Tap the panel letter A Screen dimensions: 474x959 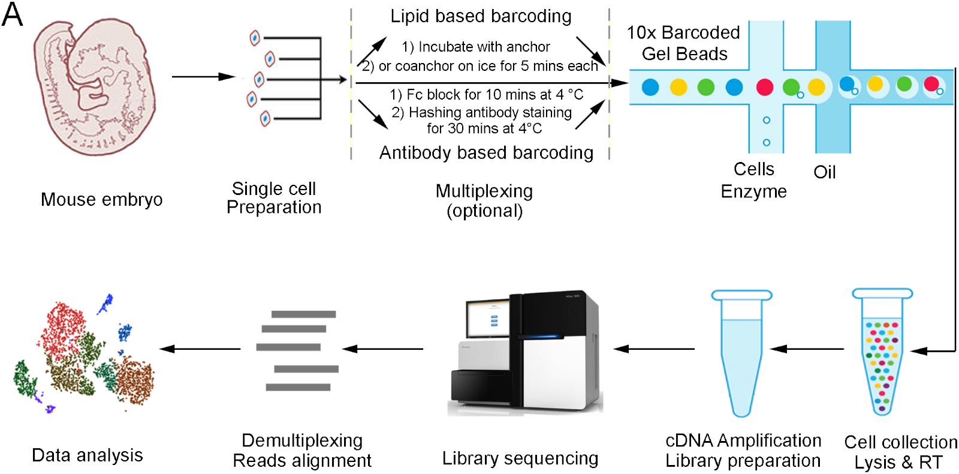[x=12, y=14]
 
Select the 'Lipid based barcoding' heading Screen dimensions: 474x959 [x=481, y=16]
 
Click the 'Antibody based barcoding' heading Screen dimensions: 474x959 [x=486, y=153]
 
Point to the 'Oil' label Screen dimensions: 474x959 [x=825, y=172]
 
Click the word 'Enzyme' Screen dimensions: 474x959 [x=753, y=191]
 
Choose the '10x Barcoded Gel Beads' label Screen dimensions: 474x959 [x=684, y=43]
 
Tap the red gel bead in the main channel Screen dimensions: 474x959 [x=765, y=87]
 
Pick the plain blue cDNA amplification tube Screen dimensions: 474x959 [x=741, y=354]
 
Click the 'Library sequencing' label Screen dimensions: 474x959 [x=520, y=458]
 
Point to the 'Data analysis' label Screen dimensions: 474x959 [x=88, y=455]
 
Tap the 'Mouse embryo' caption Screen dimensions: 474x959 [x=102, y=199]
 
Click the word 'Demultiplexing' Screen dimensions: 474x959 [x=302, y=440]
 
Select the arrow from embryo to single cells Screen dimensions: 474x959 [x=203, y=77]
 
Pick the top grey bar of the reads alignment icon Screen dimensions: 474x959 [x=303, y=314]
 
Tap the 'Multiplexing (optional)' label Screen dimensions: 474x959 [x=484, y=200]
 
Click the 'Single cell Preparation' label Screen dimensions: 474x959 [x=274, y=198]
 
